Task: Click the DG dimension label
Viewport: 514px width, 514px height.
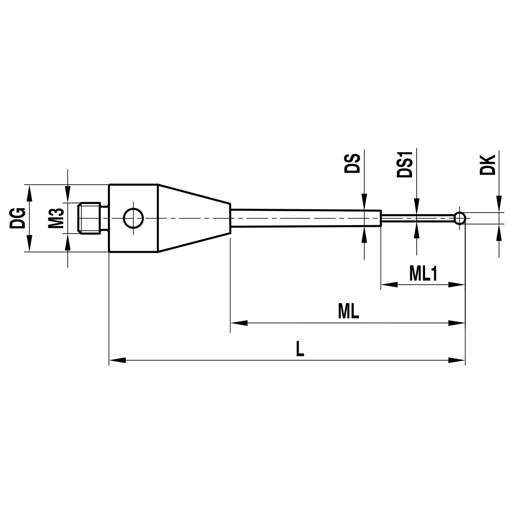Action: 17,218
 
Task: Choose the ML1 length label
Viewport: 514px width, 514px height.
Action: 423,273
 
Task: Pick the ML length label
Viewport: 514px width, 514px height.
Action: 348,311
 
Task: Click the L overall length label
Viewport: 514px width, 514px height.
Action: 300,350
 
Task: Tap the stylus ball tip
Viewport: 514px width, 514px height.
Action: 460,218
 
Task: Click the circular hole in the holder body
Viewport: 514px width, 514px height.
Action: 133,218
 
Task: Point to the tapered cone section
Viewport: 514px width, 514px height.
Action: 193,218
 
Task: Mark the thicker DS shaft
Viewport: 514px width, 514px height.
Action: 306,217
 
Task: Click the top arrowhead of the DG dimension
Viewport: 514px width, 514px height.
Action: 29,192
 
